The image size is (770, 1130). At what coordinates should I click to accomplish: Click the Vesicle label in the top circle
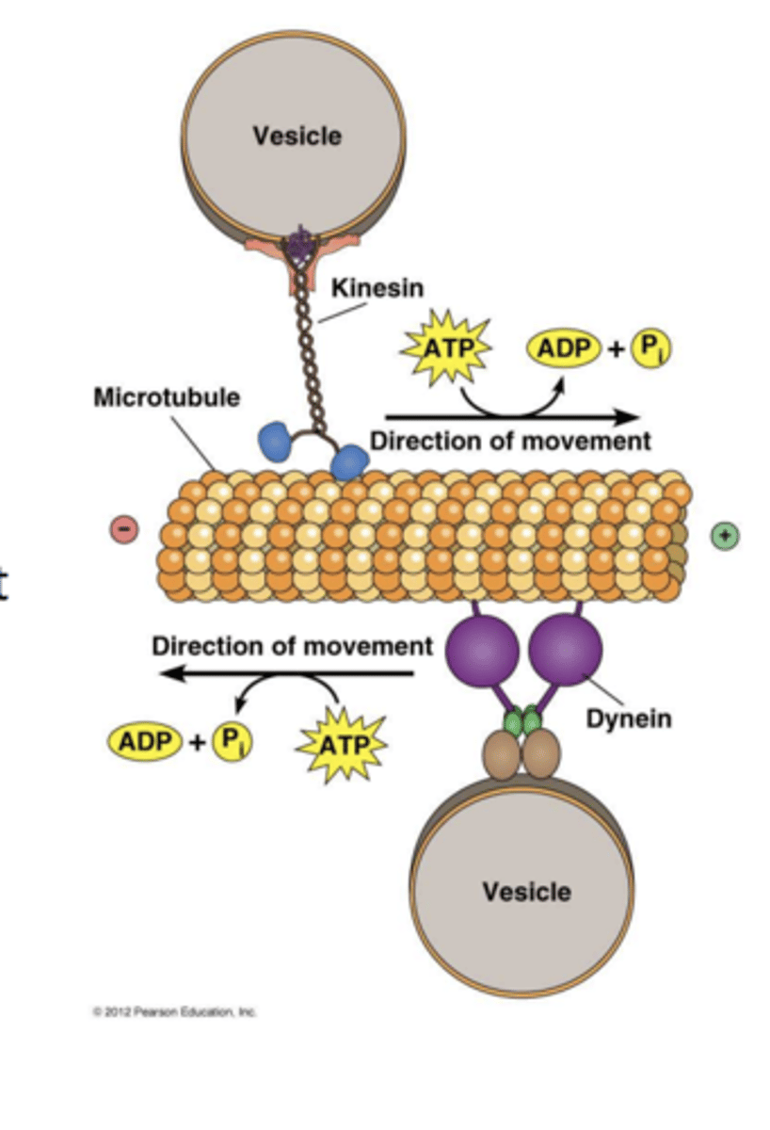297,136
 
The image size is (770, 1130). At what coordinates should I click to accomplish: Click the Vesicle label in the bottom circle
526,891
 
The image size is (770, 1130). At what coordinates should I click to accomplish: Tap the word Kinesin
377,287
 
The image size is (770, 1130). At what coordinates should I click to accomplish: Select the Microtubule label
166,397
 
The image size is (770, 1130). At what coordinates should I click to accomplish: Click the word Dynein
629,718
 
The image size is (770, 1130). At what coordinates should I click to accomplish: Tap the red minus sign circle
125,530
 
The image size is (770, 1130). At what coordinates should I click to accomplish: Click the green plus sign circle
724,536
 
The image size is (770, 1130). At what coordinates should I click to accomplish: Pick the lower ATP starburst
341,746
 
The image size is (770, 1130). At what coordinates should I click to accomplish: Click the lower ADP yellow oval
145,742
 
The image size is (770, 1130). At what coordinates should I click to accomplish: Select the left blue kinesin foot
277,440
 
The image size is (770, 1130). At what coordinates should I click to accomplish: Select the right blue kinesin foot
349,462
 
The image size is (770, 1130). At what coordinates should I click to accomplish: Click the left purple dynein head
481,649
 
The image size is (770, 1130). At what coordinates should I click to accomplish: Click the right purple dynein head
566,647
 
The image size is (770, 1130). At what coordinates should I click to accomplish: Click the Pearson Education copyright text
174,1011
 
